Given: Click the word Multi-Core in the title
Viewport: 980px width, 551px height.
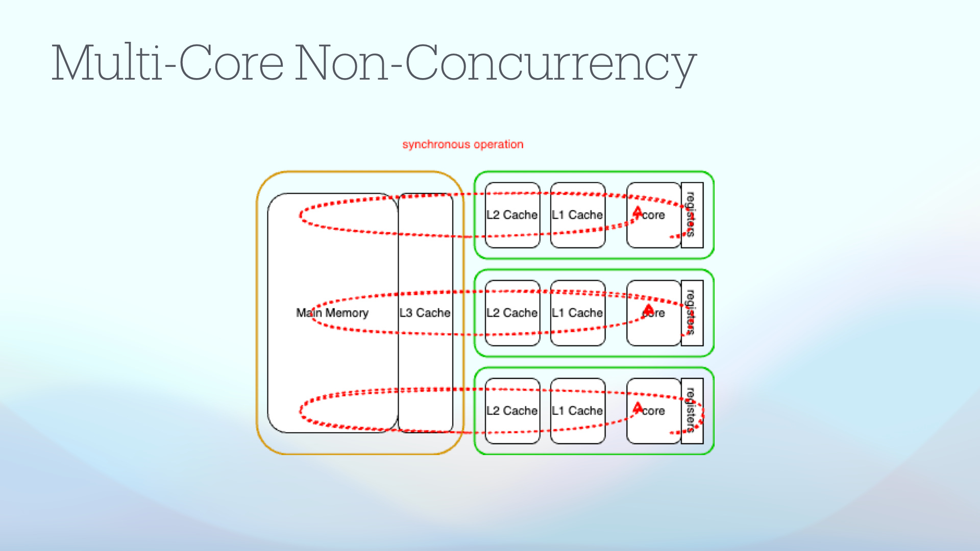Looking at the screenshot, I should pyautogui.click(x=167, y=63).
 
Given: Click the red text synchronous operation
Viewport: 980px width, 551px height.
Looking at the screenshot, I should pyautogui.click(x=462, y=144).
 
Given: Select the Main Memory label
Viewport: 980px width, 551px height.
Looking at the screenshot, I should pyautogui.click(x=332, y=313).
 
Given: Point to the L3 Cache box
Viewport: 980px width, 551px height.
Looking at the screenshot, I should pyautogui.click(x=425, y=313).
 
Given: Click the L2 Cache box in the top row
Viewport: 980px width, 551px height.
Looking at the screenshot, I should pyautogui.click(x=512, y=215).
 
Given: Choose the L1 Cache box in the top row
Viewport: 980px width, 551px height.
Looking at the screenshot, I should pyautogui.click(x=577, y=215).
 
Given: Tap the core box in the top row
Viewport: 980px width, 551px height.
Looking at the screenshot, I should pyautogui.click(x=653, y=215).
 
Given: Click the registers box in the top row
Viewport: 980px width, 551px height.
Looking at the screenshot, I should pyautogui.click(x=692, y=215).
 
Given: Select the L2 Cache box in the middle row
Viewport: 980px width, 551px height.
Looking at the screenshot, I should pyautogui.click(x=512, y=313).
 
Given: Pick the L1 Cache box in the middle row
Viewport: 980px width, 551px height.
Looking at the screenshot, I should pyautogui.click(x=577, y=313).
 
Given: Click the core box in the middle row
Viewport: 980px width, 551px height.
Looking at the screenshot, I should pyautogui.click(x=653, y=313).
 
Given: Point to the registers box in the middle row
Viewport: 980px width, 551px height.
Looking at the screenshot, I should pyautogui.click(x=692, y=313).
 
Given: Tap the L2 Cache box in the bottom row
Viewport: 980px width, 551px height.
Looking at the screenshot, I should pyautogui.click(x=512, y=411).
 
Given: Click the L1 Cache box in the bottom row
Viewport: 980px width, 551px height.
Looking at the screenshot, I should pyautogui.click(x=577, y=411).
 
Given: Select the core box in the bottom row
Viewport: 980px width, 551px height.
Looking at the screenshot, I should pyautogui.click(x=653, y=411).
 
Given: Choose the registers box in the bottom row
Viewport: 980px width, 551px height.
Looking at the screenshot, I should pyautogui.click(x=692, y=411).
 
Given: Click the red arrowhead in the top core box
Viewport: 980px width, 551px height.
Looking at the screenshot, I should pyautogui.click(x=638, y=211).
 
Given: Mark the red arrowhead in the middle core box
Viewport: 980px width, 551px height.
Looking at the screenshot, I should pyautogui.click(x=648, y=309).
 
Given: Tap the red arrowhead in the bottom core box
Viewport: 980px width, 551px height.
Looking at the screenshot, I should pyautogui.click(x=638, y=407).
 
